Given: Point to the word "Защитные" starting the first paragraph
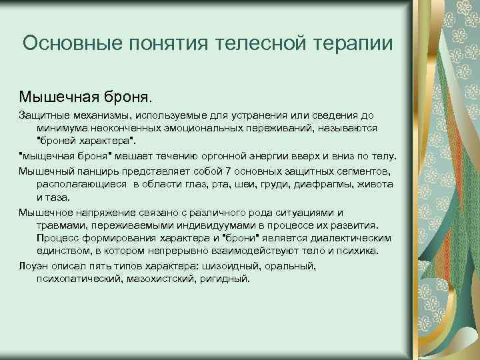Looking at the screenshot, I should [41, 115].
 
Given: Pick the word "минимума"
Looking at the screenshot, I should [61, 128].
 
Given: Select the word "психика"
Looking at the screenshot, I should [359, 251].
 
